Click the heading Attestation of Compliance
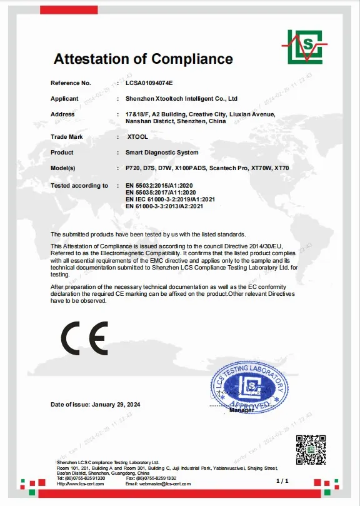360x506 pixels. point(143,59)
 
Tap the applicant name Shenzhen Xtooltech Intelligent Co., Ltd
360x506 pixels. point(182,99)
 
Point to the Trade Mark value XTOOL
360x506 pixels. point(137,136)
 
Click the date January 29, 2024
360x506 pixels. point(116,405)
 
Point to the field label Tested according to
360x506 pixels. point(79,186)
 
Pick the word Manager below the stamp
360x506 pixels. point(241,411)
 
